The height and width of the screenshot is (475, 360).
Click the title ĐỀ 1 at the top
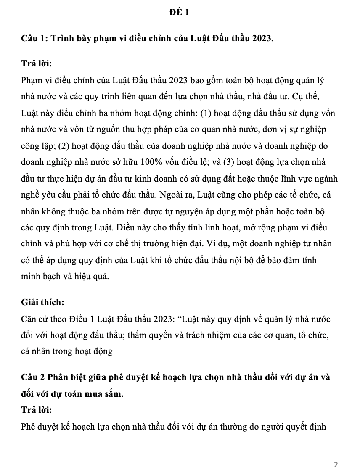[x=180, y=12]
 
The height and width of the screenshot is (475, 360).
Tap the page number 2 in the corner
[x=336, y=464]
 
